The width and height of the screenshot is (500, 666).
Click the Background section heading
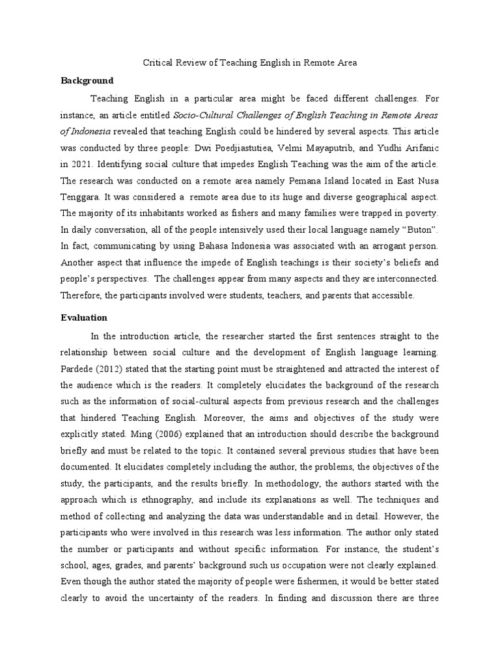(87, 81)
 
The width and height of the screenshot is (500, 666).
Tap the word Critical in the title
(156, 63)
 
